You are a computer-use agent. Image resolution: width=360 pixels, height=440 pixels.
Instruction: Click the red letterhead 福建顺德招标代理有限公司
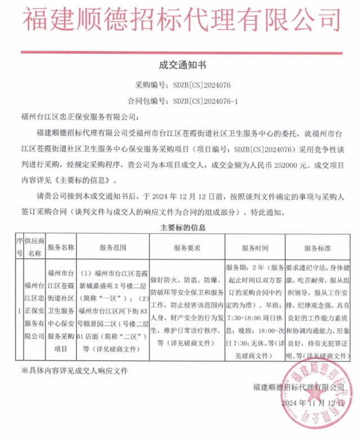(180, 19)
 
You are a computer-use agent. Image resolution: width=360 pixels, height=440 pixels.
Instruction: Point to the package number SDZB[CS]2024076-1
(206, 102)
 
